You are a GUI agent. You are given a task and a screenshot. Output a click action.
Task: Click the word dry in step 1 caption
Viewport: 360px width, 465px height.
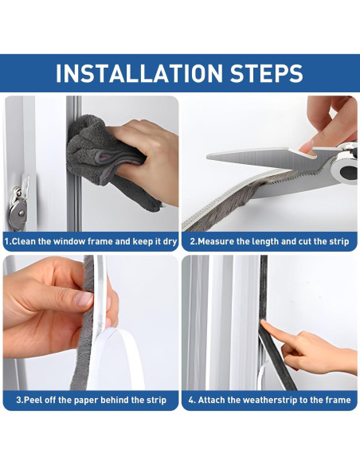click(x=166, y=240)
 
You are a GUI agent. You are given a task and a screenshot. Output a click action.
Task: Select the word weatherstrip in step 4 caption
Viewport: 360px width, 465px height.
click(x=271, y=400)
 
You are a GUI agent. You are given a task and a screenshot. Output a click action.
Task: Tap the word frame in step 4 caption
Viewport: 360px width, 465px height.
click(x=335, y=400)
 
